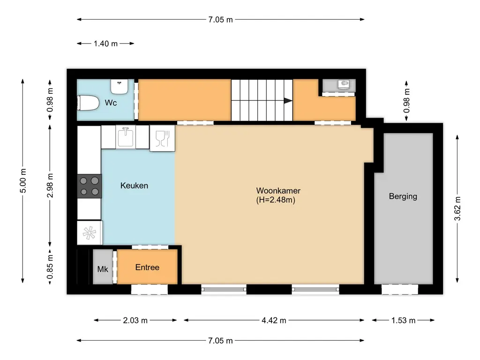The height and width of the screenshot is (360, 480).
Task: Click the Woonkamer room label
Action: pos(278,191)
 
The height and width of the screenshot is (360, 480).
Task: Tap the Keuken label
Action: pos(134,186)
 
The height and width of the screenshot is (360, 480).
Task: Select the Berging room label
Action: pos(403,196)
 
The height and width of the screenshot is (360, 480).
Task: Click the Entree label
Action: pos(147,267)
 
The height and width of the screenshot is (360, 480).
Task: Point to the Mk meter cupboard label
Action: pos(103,269)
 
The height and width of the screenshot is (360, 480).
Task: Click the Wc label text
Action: pos(111,102)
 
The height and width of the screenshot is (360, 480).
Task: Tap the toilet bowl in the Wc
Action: pos(88,103)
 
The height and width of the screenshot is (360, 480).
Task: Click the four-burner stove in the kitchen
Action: pos(89,186)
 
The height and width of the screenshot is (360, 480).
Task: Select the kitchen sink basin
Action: pos(125,137)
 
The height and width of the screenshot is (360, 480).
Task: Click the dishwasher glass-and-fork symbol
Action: pos(162,139)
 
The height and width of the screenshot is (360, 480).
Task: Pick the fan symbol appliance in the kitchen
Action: pos(89,232)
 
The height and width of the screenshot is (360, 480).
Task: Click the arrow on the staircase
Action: pos(287,100)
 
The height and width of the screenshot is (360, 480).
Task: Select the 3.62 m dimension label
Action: pos(457,208)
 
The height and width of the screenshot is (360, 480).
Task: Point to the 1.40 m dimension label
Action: pos(105,44)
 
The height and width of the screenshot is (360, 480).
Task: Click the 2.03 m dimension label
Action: pos(135,321)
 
